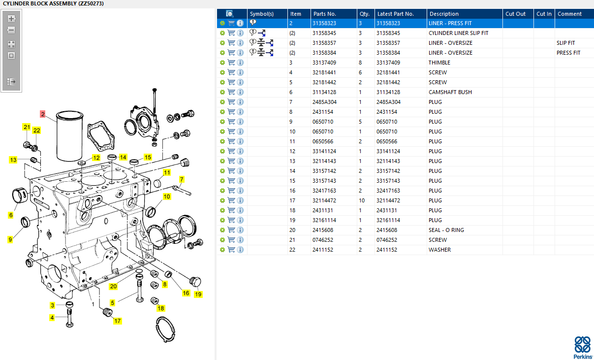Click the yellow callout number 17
click(x=117, y=321)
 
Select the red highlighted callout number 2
click(x=43, y=114)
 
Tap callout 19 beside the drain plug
click(x=198, y=295)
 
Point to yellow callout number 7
click(x=182, y=179)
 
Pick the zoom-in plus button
click(x=11, y=19)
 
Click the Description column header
click(x=443, y=14)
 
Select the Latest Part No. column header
click(x=395, y=14)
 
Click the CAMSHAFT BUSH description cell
click(x=450, y=92)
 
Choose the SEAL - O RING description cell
click(x=446, y=230)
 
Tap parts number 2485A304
click(x=325, y=102)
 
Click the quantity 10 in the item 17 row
click(x=362, y=200)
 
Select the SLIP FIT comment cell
click(x=565, y=43)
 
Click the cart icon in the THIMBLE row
click(x=231, y=63)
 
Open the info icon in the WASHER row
click(x=240, y=250)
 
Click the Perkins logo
click(x=583, y=347)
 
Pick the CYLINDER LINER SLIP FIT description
click(x=458, y=33)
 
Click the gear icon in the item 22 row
click(x=222, y=250)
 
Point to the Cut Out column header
click(x=515, y=14)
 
